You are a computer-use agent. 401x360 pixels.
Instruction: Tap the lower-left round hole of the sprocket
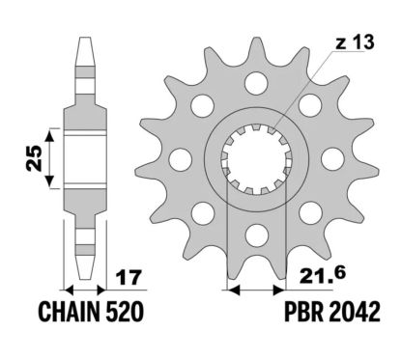[x=201, y=210]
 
